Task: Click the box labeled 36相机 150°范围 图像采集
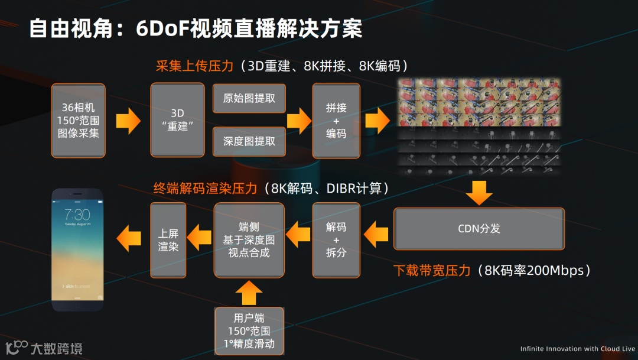pyautogui.click(x=78, y=121)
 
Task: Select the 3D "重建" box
pyautogui.click(x=177, y=121)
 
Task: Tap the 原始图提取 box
pyautogui.click(x=249, y=98)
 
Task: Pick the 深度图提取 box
pyautogui.click(x=249, y=142)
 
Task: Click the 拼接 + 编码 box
pyautogui.click(x=336, y=121)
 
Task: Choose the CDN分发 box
pyautogui.click(x=479, y=228)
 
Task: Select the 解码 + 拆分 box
pyautogui.click(x=336, y=239)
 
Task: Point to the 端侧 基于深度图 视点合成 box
pyautogui.click(x=249, y=239)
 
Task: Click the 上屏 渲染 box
pyautogui.click(x=168, y=239)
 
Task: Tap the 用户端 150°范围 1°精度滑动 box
pyautogui.click(x=249, y=330)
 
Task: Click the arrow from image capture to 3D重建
pyautogui.click(x=128, y=121)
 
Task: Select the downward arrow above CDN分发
pyautogui.click(x=479, y=193)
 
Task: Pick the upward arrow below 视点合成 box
pyautogui.click(x=249, y=292)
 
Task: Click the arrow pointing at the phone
pyautogui.click(x=129, y=239)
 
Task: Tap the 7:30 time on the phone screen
pyautogui.click(x=77, y=215)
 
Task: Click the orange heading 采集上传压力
pyautogui.click(x=194, y=66)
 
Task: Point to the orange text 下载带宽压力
pyautogui.click(x=432, y=270)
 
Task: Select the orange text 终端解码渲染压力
pyautogui.click(x=205, y=189)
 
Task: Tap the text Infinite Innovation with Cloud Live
pyautogui.click(x=577, y=349)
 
